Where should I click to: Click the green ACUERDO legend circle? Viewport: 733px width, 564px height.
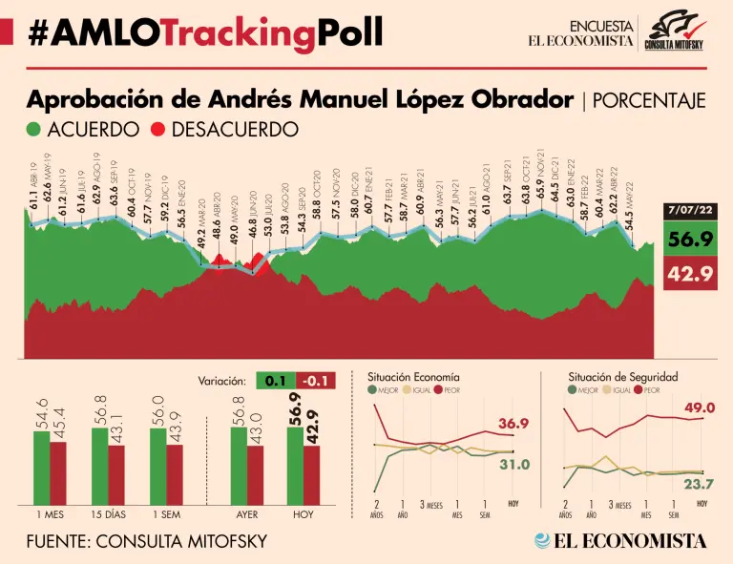(33, 129)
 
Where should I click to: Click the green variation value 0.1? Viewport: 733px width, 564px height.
(276, 381)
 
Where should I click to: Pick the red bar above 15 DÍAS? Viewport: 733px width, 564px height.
(116, 474)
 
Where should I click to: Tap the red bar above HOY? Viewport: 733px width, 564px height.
(312, 474)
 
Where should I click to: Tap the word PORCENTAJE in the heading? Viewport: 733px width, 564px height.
(649, 100)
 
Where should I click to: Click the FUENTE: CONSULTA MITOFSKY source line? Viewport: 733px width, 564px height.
(148, 541)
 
